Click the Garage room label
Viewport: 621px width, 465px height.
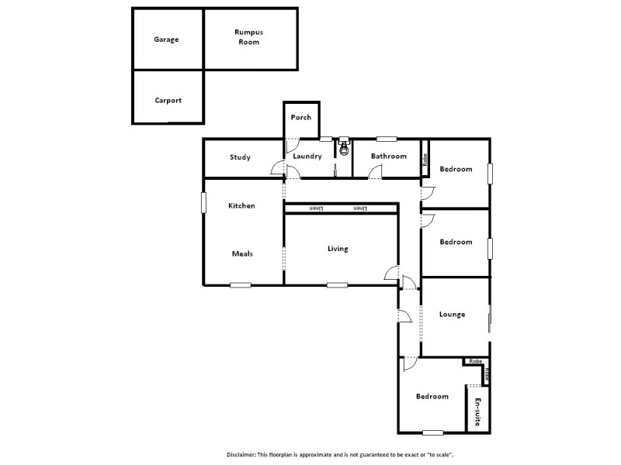pos(166,39)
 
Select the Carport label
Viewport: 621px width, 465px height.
pos(168,100)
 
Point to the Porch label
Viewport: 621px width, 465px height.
pos(301,118)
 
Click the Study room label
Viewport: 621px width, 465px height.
pos(240,157)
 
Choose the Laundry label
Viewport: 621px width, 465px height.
pos(307,157)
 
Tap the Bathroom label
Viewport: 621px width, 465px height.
pos(388,157)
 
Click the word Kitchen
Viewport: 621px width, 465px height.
pos(241,205)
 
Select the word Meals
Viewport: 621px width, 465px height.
pos(242,253)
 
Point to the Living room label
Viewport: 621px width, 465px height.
pos(338,249)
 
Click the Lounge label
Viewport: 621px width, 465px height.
pos(452,314)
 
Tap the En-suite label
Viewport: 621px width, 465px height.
pos(478,412)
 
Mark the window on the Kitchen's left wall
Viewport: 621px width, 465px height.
pos(204,203)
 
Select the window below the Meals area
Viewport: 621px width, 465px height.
pos(241,285)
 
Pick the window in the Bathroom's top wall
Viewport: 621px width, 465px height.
pos(387,139)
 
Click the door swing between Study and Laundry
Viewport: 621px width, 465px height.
pos(277,169)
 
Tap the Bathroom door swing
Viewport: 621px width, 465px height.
pos(375,173)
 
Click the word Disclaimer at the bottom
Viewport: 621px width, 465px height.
pos(243,454)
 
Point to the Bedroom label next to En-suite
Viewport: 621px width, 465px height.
pos(432,397)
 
